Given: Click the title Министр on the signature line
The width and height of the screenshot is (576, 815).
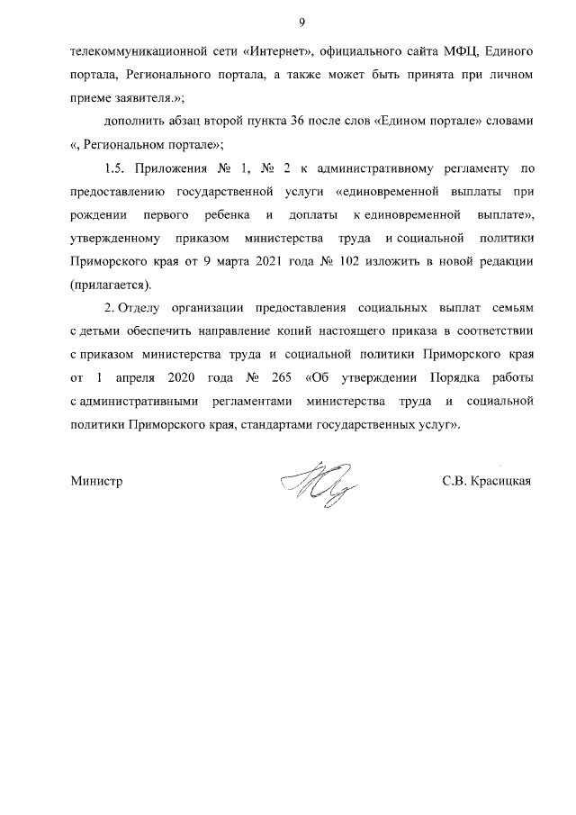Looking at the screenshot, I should [x=95, y=481].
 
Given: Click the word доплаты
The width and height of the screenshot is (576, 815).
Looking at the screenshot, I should [x=313, y=215].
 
